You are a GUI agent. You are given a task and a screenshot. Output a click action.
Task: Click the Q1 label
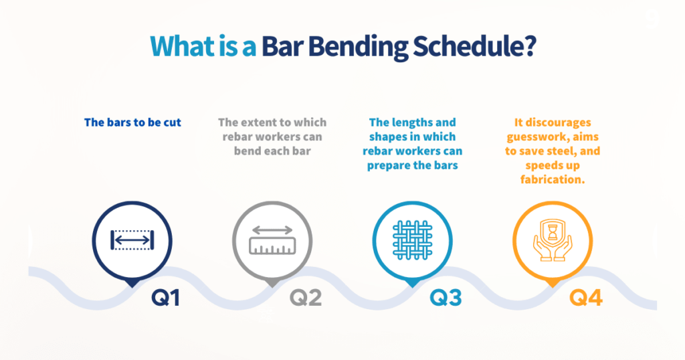pos(166,297)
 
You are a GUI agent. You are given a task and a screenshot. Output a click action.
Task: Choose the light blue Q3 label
pos(446,297)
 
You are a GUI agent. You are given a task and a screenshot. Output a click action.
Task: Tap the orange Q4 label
pos(586,297)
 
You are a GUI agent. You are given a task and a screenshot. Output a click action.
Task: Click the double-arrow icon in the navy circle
pos(132,239)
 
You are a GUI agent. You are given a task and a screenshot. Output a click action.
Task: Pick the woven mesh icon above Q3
pos(412,239)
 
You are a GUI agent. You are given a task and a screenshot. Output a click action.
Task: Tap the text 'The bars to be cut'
pos(132,122)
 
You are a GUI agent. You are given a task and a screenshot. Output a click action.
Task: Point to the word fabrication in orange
pos(553,179)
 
